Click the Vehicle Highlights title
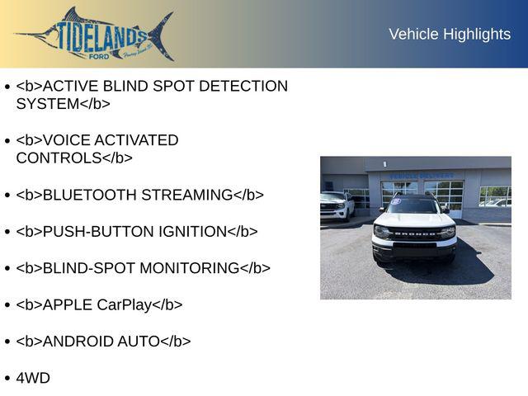(450, 35)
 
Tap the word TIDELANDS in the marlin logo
(101, 36)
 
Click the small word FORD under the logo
(99, 57)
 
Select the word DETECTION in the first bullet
(243, 86)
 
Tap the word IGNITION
(193, 232)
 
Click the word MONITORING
(190, 268)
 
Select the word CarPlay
(125, 305)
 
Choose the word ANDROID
(78, 342)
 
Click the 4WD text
(33, 378)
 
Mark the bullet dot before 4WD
(7, 379)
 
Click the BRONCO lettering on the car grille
(414, 233)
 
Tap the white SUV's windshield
(412, 205)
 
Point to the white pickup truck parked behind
(337, 205)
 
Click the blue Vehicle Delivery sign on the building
(422, 176)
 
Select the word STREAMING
(187, 195)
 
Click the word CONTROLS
(59, 158)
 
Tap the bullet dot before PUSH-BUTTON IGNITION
(7, 232)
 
